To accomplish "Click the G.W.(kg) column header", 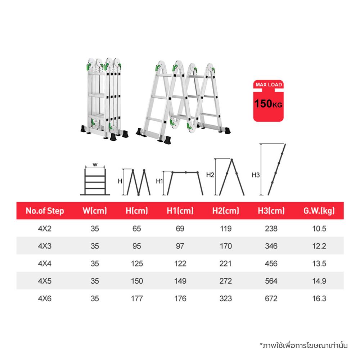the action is (319, 211).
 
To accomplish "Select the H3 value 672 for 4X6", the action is (271, 298).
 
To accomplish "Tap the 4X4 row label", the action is (45, 264).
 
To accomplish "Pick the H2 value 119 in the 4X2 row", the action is (226, 229).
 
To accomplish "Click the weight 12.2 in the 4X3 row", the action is (319, 246).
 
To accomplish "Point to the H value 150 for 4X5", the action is (137, 281).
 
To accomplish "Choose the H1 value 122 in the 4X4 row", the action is (180, 264).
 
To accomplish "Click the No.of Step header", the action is (45, 211).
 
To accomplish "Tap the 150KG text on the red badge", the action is (268, 104).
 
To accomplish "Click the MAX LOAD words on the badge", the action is (269, 85).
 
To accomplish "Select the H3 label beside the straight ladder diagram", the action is (256, 175).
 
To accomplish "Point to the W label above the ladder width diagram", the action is (95, 165).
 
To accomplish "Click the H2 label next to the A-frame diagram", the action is (210, 175).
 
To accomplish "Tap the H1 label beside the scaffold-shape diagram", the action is (159, 181).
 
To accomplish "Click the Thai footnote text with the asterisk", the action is (303, 345).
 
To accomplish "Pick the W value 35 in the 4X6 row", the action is (95, 298).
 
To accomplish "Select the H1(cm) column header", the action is (180, 211).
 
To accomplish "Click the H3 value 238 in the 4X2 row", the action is (271, 229).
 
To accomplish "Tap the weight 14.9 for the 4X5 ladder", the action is (319, 281).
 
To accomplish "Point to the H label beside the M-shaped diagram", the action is (120, 181).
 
